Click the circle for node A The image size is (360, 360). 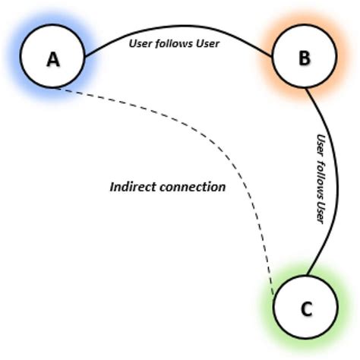(52, 58)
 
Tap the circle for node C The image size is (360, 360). (305, 308)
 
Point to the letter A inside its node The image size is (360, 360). (52, 59)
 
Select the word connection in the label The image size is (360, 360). (195, 186)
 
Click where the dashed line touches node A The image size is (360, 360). (57, 89)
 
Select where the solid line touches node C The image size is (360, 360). (308, 276)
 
